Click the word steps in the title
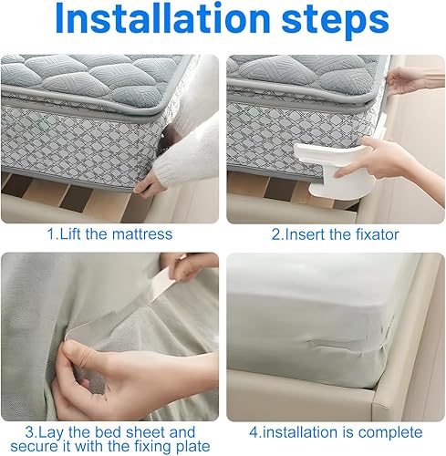point(335,22)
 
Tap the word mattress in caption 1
point(142,234)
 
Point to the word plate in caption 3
point(193,447)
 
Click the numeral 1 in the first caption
point(51,234)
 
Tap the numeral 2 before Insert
point(276,234)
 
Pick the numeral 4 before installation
point(254,432)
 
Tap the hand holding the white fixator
point(377,161)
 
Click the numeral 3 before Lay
point(30,432)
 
